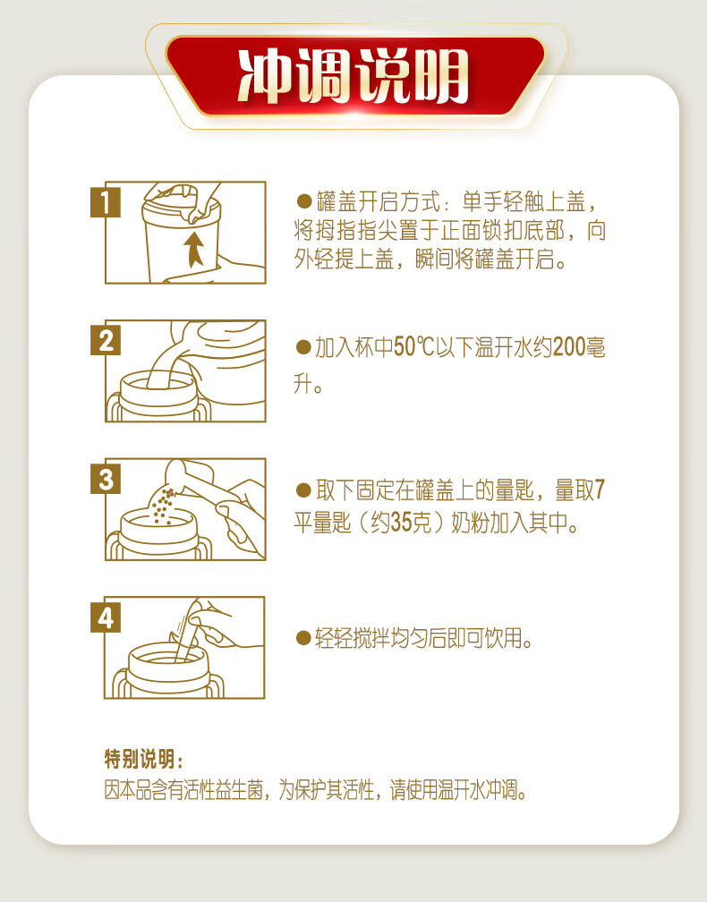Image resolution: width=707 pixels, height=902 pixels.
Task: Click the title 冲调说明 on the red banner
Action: coord(353,76)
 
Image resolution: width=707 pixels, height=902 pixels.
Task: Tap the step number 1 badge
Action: coord(106,202)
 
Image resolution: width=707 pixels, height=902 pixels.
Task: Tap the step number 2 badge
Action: coord(106,340)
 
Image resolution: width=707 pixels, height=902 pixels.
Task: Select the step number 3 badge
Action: coord(106,479)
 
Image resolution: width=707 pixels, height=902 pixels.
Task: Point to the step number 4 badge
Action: coord(106,617)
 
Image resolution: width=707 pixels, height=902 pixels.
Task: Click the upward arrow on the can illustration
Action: coord(194,249)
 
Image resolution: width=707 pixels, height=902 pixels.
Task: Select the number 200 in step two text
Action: coord(568,347)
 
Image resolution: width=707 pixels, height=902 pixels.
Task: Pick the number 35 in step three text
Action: coord(402,523)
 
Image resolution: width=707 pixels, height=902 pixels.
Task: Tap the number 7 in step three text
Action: coord(600,490)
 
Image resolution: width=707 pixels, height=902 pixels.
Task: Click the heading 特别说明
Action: coord(143,759)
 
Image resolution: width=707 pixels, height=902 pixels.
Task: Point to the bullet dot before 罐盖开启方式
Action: coord(303,201)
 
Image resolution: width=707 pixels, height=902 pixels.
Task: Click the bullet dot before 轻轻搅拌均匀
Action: coord(303,637)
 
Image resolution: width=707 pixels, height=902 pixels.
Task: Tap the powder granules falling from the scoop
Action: coord(162,506)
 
